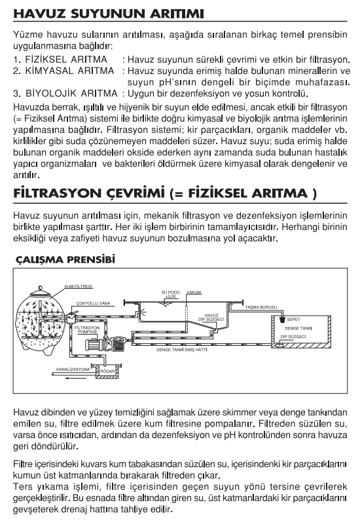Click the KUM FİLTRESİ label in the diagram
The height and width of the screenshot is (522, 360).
pyautogui.click(x=79, y=286)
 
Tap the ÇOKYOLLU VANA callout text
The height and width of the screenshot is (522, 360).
pyautogui.click(x=93, y=303)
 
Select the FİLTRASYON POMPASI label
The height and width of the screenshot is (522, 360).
pyautogui.click(x=87, y=329)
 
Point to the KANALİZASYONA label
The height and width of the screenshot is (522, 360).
pyautogui.click(x=73, y=369)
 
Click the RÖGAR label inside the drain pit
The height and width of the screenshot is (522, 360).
pyautogui.click(x=107, y=371)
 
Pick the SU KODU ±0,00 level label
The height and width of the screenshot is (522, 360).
pyautogui.click(x=170, y=294)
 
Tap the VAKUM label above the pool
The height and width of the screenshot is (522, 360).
pyautogui.click(x=194, y=292)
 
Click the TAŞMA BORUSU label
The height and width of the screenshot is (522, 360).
pyautogui.click(x=261, y=307)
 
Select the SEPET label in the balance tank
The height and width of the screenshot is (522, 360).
pyautogui.click(x=293, y=319)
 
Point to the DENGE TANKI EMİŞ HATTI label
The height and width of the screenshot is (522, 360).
pyautogui.click(x=182, y=350)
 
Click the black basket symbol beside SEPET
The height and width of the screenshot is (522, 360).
pyautogui.click(x=282, y=320)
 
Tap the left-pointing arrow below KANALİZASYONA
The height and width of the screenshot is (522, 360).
pyautogui.click(x=76, y=378)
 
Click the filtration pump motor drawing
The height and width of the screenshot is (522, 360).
pyautogui.click(x=94, y=345)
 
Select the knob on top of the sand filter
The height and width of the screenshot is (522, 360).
pyautogui.click(x=41, y=288)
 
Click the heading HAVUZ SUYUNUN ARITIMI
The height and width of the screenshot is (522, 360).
pyautogui.click(x=109, y=14)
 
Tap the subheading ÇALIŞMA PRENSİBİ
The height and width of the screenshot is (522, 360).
pyautogui.click(x=65, y=259)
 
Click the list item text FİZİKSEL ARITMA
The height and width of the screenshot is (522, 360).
pyautogui.click(x=66, y=60)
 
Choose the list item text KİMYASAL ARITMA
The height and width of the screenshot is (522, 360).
pyautogui.click(x=70, y=71)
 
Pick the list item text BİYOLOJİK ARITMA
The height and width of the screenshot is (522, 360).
pyautogui.click(x=71, y=94)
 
